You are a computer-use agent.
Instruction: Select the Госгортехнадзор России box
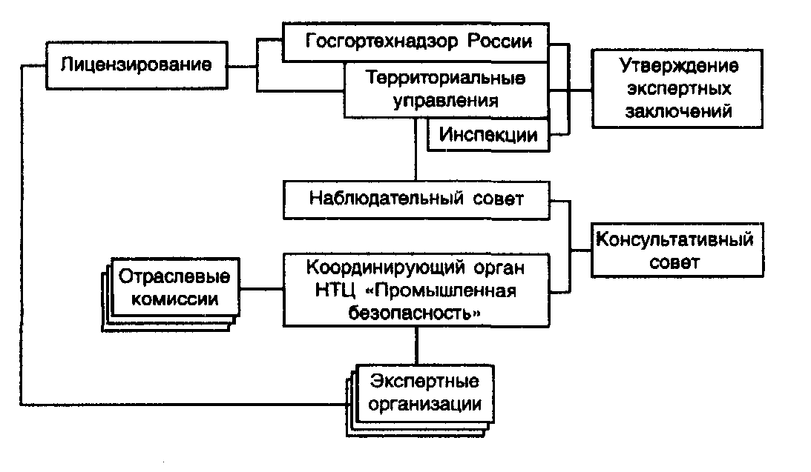417,41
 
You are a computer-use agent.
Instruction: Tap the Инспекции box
488,135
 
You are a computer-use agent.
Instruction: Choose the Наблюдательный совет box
416,199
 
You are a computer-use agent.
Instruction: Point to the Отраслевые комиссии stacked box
175,288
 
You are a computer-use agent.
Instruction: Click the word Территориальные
447,77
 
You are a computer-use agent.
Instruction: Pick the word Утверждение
679,66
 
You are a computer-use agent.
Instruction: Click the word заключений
679,112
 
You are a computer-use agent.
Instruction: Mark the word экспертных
679,89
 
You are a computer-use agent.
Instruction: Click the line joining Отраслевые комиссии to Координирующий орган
261,289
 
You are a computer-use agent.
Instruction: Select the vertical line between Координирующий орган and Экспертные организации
416,345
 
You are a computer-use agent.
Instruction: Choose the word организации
421,405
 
